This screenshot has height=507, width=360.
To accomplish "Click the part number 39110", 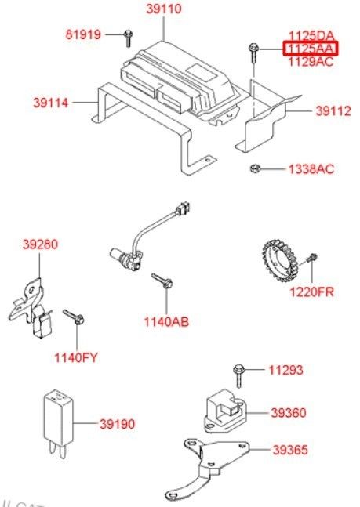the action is [164, 9].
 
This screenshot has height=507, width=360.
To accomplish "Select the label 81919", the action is [83, 34].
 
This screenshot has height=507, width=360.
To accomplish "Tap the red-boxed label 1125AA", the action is [311, 49].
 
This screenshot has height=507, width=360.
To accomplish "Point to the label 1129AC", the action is [311, 61].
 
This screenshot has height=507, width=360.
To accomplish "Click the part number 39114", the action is [51, 103].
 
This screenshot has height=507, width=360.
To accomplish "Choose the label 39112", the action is [333, 111].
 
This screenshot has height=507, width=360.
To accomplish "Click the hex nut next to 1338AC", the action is [255, 168].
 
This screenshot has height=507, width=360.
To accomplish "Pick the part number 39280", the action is [41, 244].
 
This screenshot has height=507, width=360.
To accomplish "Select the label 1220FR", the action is [311, 292].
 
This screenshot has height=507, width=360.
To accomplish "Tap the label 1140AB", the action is [166, 322].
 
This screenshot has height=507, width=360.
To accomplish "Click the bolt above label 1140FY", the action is [74, 317].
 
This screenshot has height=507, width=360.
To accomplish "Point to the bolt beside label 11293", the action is [238, 375].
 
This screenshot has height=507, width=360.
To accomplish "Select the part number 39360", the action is [288, 413].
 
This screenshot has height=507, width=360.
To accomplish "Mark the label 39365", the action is [290, 450].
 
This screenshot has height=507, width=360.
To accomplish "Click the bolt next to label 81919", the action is [129, 38].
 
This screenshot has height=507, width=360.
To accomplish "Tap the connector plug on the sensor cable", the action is [183, 208].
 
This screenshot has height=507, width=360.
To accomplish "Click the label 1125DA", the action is [311, 35].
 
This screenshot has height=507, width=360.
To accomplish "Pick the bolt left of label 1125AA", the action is [253, 53].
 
